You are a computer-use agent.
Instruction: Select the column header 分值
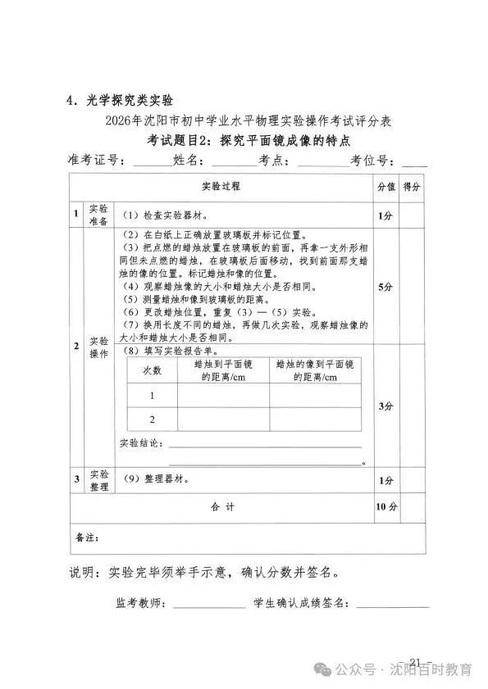click(x=385, y=187)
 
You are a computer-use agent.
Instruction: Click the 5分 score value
click(x=385, y=288)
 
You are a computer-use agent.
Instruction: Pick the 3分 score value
click(x=385, y=406)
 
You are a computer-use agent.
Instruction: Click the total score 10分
click(x=385, y=507)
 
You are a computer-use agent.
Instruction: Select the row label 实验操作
click(x=98, y=347)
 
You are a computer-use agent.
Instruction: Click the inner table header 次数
click(x=153, y=370)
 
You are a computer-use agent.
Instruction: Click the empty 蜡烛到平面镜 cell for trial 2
click(x=222, y=419)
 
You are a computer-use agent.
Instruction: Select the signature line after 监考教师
click(x=209, y=606)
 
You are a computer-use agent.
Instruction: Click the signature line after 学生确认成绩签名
click(x=392, y=606)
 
